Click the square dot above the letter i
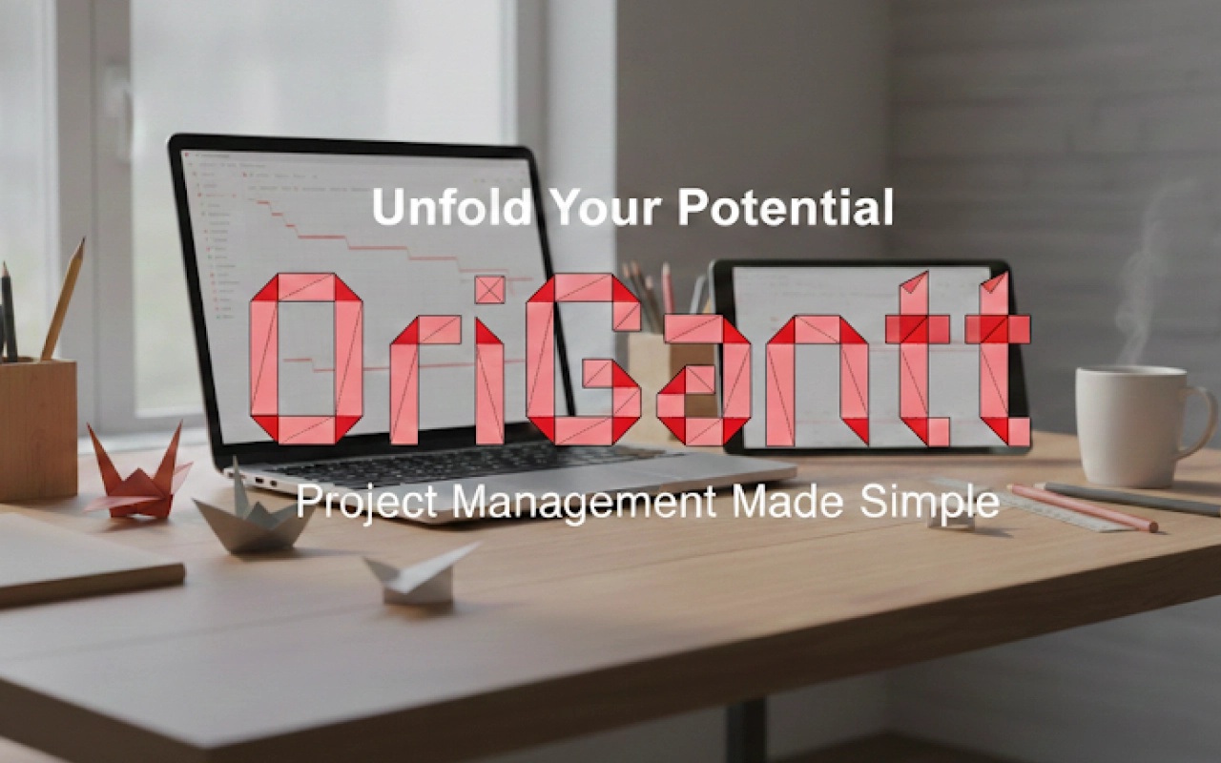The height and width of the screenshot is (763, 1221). tap(489, 289)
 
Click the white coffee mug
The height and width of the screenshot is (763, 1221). tap(1130, 424)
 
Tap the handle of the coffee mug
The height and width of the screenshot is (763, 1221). tap(1199, 420)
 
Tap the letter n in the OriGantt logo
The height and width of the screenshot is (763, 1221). tap(817, 381)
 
